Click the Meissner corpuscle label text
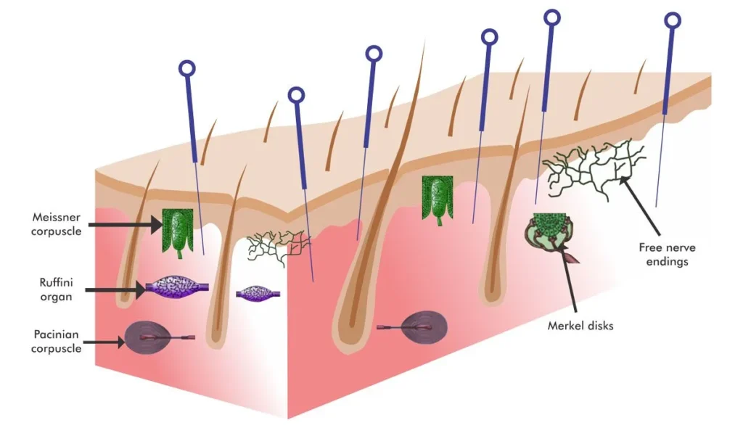click(57, 224)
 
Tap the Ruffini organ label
click(56, 289)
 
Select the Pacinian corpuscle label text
click(57, 341)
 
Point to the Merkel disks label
click(580, 326)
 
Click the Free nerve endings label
click(668, 255)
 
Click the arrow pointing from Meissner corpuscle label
click(126, 224)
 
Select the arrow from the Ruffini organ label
click(115, 289)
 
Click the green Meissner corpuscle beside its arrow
click(178, 232)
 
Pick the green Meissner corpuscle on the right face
click(438, 199)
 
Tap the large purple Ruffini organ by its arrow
click(176, 287)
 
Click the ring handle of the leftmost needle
click(187, 69)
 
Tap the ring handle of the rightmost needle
click(673, 20)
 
